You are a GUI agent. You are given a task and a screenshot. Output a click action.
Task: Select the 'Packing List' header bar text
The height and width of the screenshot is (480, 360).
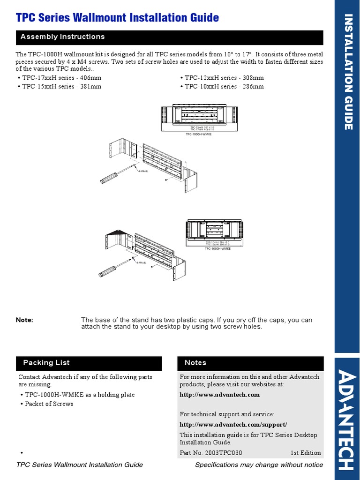46,363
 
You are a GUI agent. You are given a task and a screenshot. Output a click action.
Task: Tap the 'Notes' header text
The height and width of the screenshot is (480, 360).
195,363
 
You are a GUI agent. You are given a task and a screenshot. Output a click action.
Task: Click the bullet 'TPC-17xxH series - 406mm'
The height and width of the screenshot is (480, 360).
61,78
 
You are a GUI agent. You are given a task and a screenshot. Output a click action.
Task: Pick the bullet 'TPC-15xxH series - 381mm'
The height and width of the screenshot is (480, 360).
61,86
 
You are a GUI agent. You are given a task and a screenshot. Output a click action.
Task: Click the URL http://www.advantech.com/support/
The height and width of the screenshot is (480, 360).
233,424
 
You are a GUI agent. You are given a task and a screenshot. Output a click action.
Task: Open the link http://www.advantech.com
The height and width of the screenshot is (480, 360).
219,395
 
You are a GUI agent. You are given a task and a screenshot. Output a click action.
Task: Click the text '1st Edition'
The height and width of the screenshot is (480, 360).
306,453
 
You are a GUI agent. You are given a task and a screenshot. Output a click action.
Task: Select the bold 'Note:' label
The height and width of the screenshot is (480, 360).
24,320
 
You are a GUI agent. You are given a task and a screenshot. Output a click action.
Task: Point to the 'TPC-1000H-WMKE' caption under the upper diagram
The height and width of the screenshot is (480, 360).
198,134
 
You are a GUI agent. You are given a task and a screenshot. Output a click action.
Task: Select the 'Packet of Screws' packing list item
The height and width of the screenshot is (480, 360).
49,404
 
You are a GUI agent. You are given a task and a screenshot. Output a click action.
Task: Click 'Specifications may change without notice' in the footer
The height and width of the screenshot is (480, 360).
259,465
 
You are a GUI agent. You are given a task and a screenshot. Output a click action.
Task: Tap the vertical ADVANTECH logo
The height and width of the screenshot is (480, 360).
347,420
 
